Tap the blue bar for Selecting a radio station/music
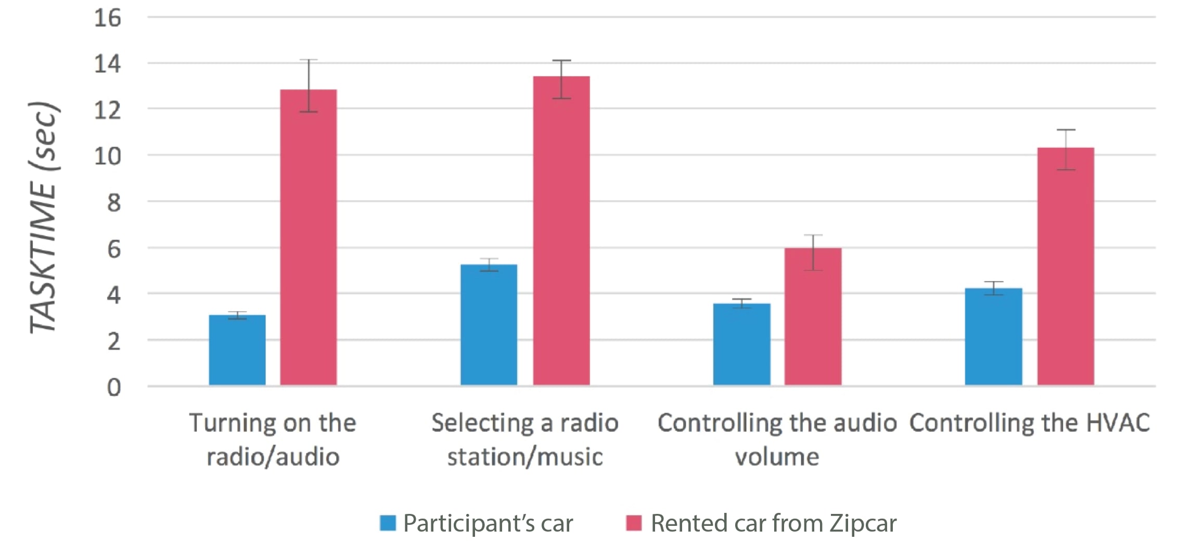[x=489, y=325]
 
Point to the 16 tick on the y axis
[x=107, y=18]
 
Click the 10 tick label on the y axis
[x=107, y=156]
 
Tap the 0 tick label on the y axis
[x=114, y=388]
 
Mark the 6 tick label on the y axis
[x=114, y=249]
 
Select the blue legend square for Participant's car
[x=388, y=523]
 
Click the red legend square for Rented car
[x=634, y=523]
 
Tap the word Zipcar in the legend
[x=863, y=523]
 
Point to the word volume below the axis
[x=777, y=457]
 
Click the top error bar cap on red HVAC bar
[x=1066, y=130]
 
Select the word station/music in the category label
[x=525, y=457]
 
